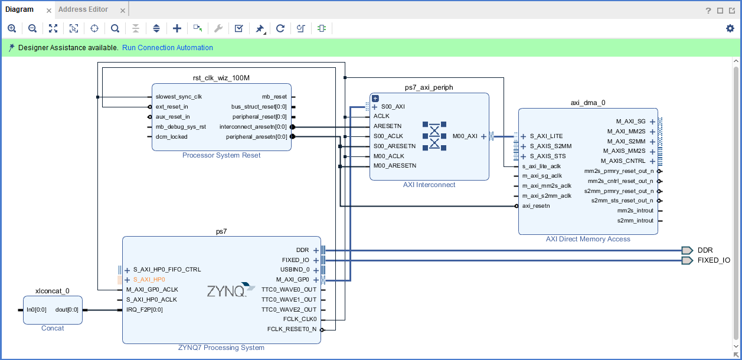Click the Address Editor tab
point(83,9)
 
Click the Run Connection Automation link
point(168,48)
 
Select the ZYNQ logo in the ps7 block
point(227,291)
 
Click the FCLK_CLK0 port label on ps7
point(300,319)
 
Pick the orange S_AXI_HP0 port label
point(149,280)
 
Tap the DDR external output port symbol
point(687,250)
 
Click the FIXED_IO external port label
point(714,260)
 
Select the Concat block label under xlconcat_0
point(53,328)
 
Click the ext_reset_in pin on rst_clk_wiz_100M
point(172,107)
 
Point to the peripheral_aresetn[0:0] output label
point(256,137)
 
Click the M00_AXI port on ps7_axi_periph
point(465,136)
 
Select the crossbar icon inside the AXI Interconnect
point(434,136)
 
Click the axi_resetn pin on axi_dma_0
point(536,206)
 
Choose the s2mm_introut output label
point(635,221)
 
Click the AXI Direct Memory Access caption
point(588,239)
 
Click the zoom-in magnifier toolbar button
point(12,28)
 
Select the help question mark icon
point(708,10)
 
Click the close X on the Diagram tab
point(49,11)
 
